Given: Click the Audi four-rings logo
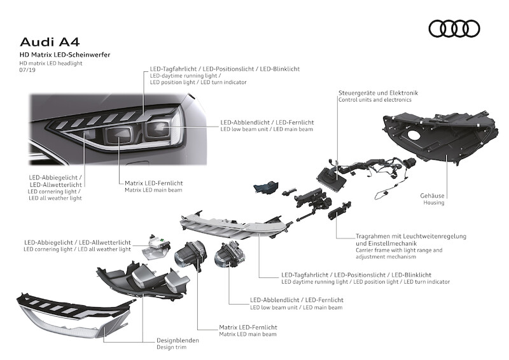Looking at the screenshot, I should pos(454,28).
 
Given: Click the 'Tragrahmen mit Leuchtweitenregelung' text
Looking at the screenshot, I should pos(411,236).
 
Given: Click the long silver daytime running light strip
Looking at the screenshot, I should pos(242,226).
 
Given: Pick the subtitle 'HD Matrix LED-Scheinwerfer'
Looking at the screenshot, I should pos(65,56).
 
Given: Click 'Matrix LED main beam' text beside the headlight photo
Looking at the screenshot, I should pos(151,190).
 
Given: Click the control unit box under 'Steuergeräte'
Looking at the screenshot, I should pos(332,177).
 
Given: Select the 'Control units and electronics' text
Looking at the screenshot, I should pos(375,100).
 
